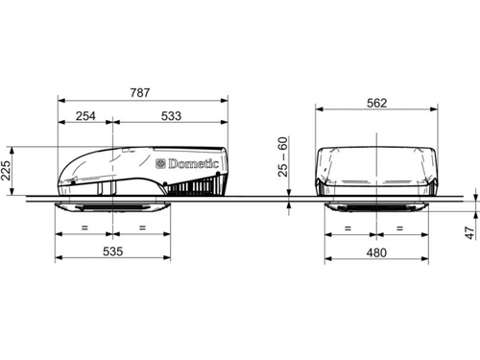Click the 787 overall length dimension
pyautogui.click(x=140, y=92)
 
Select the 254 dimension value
pyautogui.click(x=85, y=116)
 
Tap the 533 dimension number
pyautogui.click(x=171, y=116)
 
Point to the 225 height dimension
pyautogui.click(x=6, y=171)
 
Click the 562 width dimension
pyautogui.click(x=376, y=103)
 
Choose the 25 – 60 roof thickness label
pyautogui.click(x=283, y=156)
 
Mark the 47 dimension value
pyautogui.click(x=469, y=232)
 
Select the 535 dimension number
pyautogui.click(x=112, y=252)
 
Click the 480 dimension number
pyautogui.click(x=376, y=252)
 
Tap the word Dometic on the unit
pyautogui.click(x=193, y=164)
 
